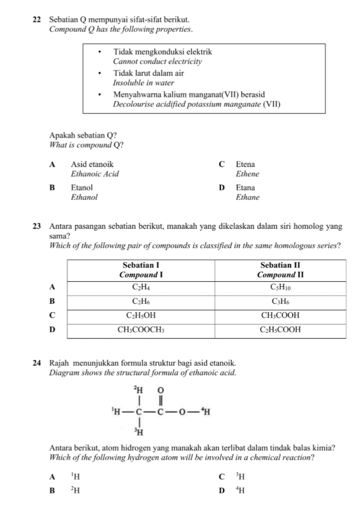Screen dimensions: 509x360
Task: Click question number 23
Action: click(38, 226)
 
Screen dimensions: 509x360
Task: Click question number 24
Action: click(38, 364)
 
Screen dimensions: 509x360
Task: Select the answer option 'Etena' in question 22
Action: click(245, 164)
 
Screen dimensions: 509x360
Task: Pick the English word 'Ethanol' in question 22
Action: click(84, 197)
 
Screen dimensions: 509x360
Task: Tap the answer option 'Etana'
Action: click(245, 188)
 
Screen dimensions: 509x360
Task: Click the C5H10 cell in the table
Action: click(281, 287)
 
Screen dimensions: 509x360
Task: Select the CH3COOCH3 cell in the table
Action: click(141, 330)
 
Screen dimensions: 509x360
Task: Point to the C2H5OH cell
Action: click(141, 316)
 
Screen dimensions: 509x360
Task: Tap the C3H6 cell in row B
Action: click(281, 302)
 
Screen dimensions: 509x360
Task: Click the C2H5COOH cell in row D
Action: click(281, 330)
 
